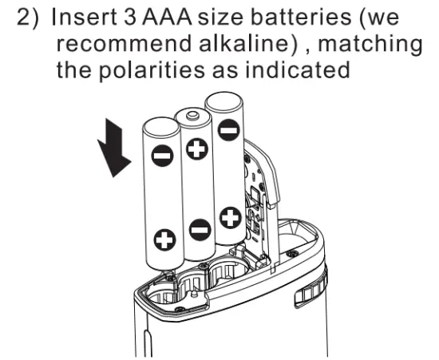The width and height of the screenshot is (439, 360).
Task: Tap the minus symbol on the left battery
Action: pos(162,156)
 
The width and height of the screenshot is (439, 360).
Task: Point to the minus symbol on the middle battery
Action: pos(200,231)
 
